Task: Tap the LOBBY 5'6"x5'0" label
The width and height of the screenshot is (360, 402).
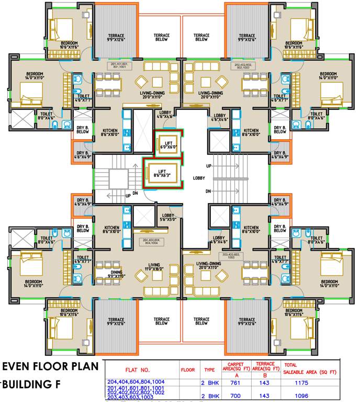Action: point(168,218)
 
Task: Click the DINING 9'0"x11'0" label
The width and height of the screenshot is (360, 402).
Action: point(116,274)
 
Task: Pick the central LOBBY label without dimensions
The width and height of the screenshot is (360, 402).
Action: point(199,178)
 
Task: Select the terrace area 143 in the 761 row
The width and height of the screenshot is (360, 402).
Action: point(264,383)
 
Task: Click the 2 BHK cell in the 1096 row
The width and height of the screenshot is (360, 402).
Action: point(209,395)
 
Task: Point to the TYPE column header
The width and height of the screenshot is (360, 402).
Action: point(209,370)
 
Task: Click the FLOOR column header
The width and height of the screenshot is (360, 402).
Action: point(187,370)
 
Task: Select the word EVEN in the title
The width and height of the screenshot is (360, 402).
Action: point(18,366)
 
